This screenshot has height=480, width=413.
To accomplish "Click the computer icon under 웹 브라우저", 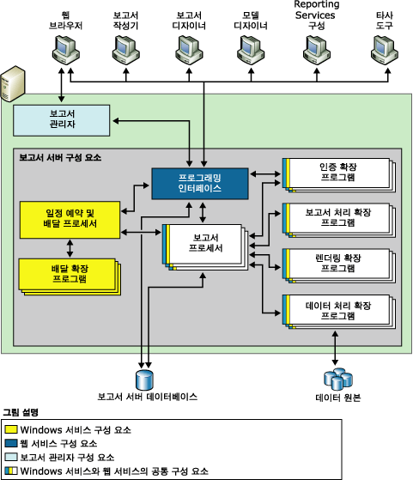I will pyautogui.click(x=60, y=53).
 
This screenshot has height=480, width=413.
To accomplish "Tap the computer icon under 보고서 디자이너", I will pyautogui.click(x=186, y=53).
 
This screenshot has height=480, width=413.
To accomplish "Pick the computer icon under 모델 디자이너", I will pyautogui.click(x=251, y=53).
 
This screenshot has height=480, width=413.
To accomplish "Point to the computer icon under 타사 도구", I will pyautogui.click(x=380, y=53).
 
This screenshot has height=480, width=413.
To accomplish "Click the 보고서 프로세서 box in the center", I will pyautogui.click(x=204, y=245).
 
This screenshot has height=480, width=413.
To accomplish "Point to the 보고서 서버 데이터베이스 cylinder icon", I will pyautogui.click(x=143, y=378).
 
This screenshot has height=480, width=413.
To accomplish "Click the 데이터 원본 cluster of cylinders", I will pyautogui.click(x=333, y=378).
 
